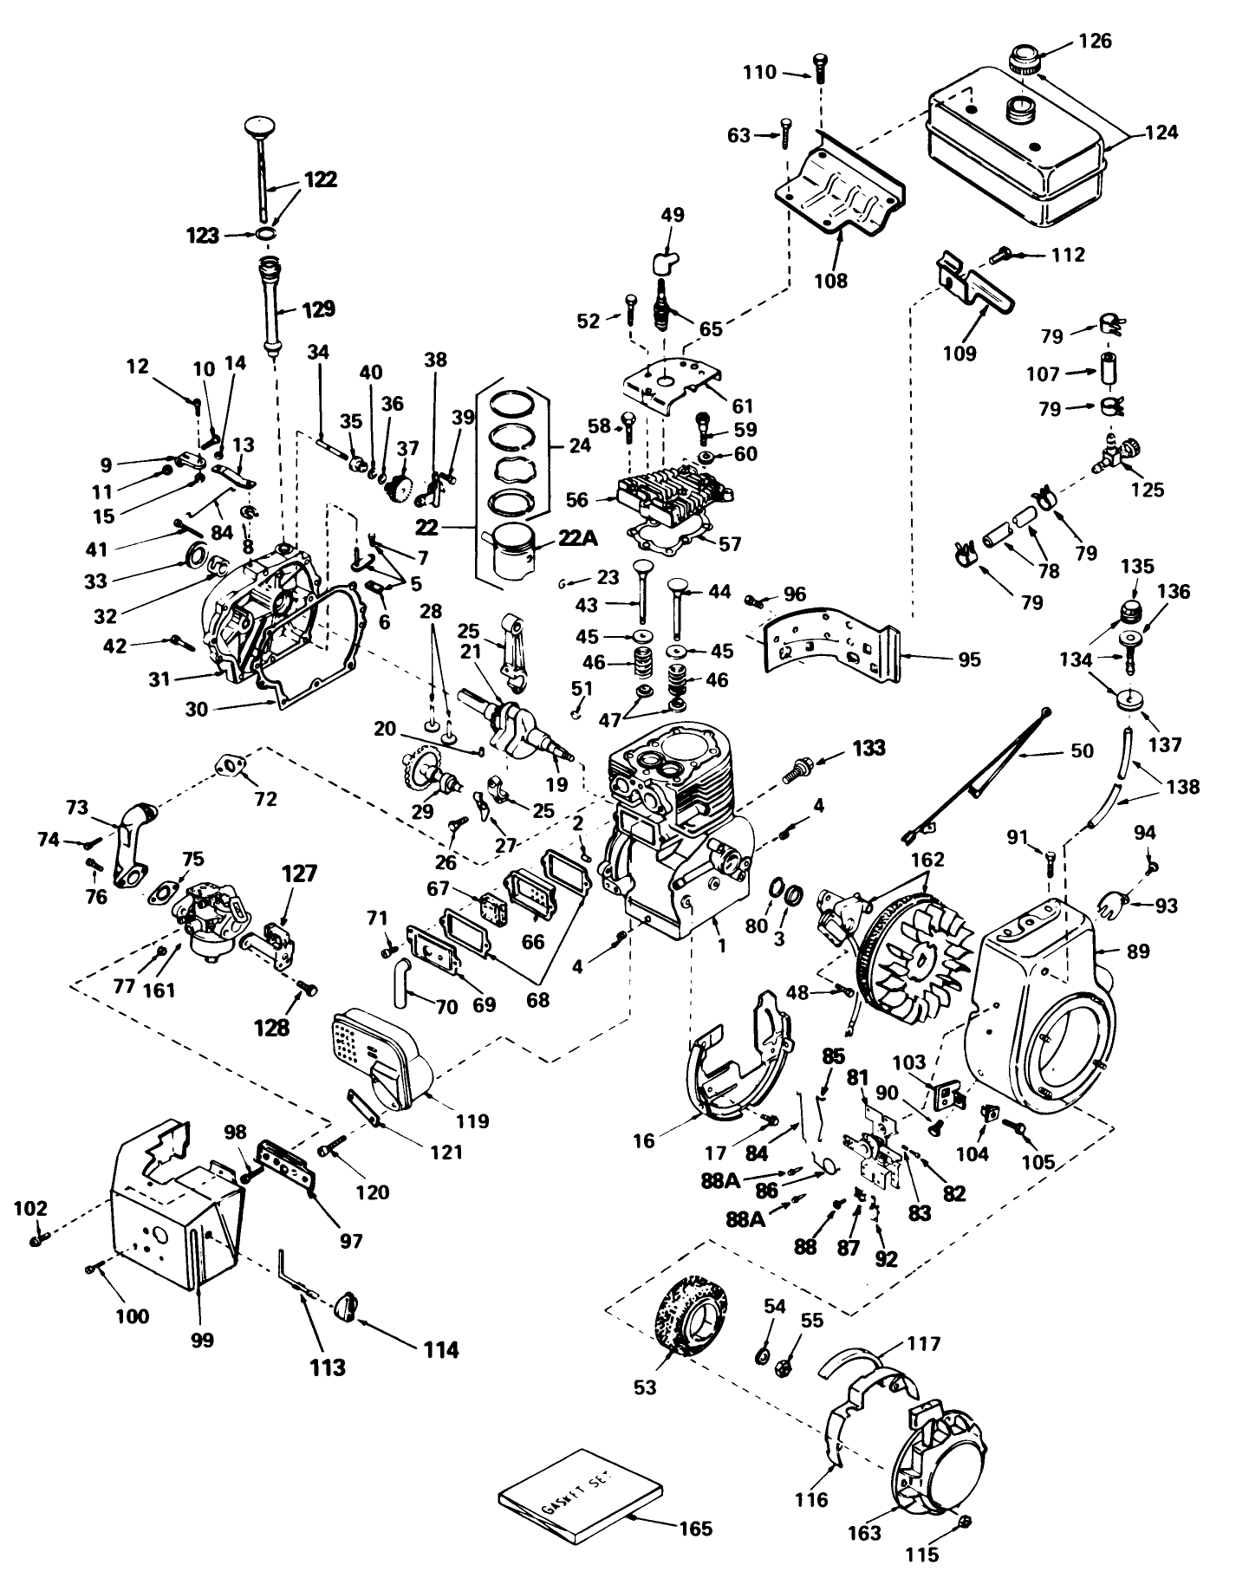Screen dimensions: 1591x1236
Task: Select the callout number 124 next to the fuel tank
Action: (1161, 133)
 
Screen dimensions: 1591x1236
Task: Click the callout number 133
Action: (868, 748)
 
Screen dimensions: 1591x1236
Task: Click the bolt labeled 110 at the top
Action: (819, 68)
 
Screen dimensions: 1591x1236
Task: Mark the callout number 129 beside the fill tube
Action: (318, 309)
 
